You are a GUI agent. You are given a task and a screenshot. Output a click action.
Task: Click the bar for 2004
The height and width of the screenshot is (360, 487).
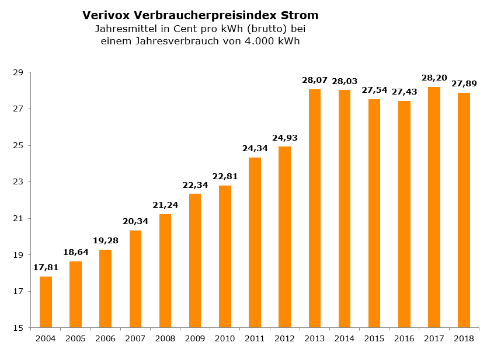46,302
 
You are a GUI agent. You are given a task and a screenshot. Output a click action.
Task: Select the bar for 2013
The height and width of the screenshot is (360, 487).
315,208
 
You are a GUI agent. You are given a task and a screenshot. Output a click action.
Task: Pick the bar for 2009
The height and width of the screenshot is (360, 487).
195,260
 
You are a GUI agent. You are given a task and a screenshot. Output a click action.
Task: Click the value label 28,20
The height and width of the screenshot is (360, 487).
434,78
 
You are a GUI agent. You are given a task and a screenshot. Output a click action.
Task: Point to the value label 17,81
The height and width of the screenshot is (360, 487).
46,267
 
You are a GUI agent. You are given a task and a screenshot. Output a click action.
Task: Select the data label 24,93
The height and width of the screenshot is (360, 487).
284,138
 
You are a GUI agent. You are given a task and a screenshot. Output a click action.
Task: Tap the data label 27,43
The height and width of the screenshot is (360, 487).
404,92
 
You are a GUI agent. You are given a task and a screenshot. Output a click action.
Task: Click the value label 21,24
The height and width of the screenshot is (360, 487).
165,205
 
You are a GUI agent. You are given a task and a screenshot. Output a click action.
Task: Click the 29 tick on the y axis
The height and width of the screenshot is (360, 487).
18,72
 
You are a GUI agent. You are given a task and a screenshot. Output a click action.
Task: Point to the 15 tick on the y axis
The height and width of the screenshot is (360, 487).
18,328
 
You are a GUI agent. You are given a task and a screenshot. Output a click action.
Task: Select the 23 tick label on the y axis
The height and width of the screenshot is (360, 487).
18,182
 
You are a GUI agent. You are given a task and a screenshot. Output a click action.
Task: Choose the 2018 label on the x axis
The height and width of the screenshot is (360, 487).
464,338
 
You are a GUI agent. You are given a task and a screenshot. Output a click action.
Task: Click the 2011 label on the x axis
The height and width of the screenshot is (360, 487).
255,338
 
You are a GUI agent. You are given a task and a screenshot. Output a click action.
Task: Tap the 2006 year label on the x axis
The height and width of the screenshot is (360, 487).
105,338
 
